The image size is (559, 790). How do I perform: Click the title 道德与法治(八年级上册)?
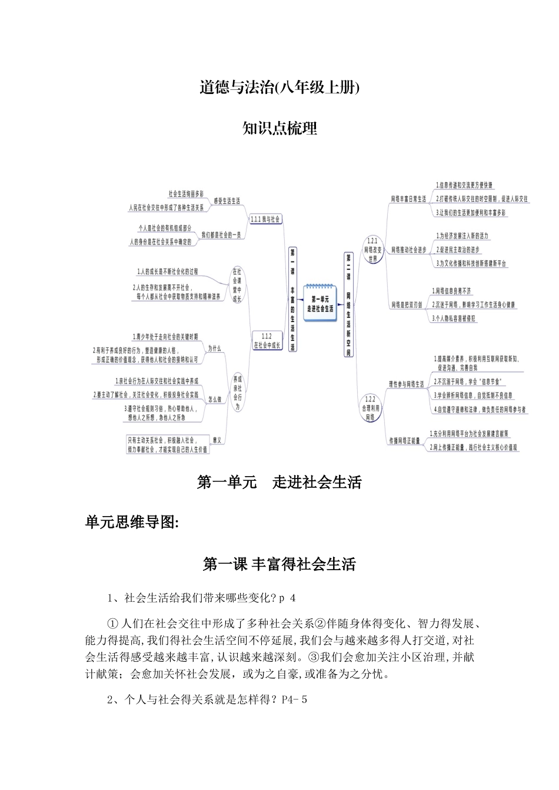point(279,88)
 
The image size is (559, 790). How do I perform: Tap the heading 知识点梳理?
point(279,128)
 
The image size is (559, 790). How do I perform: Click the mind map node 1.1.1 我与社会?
point(265,219)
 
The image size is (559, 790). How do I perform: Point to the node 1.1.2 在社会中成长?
point(266,342)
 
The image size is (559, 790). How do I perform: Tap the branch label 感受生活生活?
point(227,200)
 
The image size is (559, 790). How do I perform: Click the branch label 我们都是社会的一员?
point(221,235)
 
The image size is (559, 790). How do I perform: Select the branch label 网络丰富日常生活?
point(408,199)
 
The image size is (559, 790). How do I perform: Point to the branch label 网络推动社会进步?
point(408,250)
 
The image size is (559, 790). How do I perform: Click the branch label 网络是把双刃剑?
point(407,304)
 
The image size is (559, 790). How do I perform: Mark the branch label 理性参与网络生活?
point(406,384)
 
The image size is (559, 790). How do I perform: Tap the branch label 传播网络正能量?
point(404,440)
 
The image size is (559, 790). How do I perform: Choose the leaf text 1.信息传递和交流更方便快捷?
point(464,185)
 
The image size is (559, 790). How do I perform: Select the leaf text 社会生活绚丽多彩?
point(186,193)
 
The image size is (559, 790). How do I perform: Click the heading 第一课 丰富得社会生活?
point(279,564)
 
